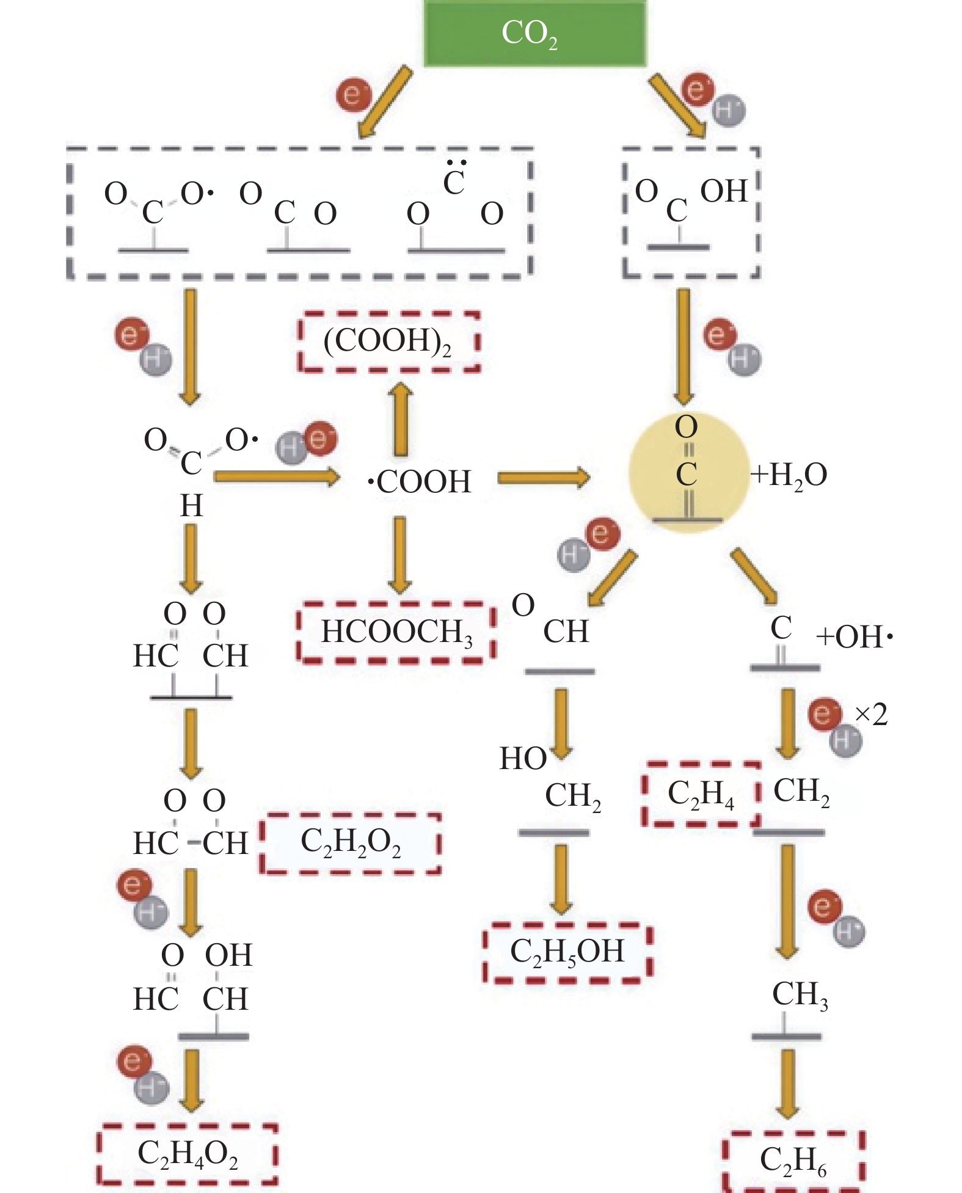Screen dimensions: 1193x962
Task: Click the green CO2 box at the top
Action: tap(534, 33)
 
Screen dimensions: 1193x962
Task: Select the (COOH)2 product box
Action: tap(388, 341)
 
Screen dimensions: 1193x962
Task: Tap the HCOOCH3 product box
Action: tap(396, 632)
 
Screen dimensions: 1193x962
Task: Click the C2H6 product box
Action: tap(793, 1160)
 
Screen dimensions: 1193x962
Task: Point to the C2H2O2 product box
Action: tap(351, 843)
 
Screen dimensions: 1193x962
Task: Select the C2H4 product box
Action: tap(701, 794)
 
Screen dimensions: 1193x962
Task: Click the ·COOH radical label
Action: tap(420, 481)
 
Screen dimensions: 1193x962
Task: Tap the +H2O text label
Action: tap(789, 475)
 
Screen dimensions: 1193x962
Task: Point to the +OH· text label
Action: tap(854, 637)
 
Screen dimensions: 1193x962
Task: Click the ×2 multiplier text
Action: tap(871, 714)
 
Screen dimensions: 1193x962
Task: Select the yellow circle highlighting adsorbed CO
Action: tap(688, 472)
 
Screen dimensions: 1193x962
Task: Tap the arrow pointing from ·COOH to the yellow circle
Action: tap(543, 478)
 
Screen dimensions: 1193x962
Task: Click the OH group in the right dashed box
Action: tap(724, 191)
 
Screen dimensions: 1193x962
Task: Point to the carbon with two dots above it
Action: tap(454, 181)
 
